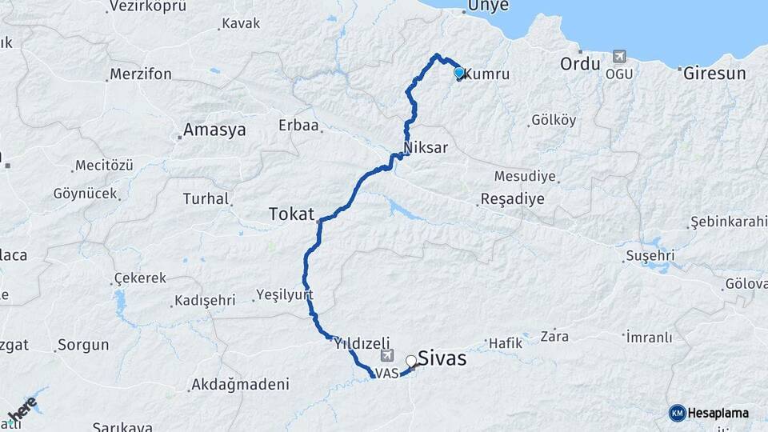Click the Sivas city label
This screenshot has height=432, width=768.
click(442, 358)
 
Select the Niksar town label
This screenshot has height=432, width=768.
click(426, 148)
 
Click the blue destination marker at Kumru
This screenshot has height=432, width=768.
click(459, 73)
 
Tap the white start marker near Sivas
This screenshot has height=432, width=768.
click(412, 361)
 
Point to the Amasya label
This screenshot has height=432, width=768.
click(214, 130)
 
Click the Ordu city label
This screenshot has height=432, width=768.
click(580, 64)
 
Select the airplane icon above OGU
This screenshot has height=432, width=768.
click(619, 56)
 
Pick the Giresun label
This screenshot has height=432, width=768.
click(714, 74)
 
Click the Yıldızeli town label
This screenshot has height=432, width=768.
click(362, 342)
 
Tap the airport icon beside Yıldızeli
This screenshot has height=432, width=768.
click(388, 356)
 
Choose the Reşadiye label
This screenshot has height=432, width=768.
click(513, 199)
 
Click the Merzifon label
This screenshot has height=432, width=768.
click(141, 74)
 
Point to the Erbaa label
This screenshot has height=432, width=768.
click(298, 126)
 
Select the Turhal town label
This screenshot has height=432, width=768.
click(206, 198)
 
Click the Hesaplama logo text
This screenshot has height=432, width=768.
click(719, 414)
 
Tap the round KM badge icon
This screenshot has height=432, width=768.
click(677, 414)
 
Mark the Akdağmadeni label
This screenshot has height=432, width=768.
click(239, 385)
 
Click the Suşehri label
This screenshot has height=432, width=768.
click(650, 256)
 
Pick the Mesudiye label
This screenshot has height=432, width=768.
click(524, 175)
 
